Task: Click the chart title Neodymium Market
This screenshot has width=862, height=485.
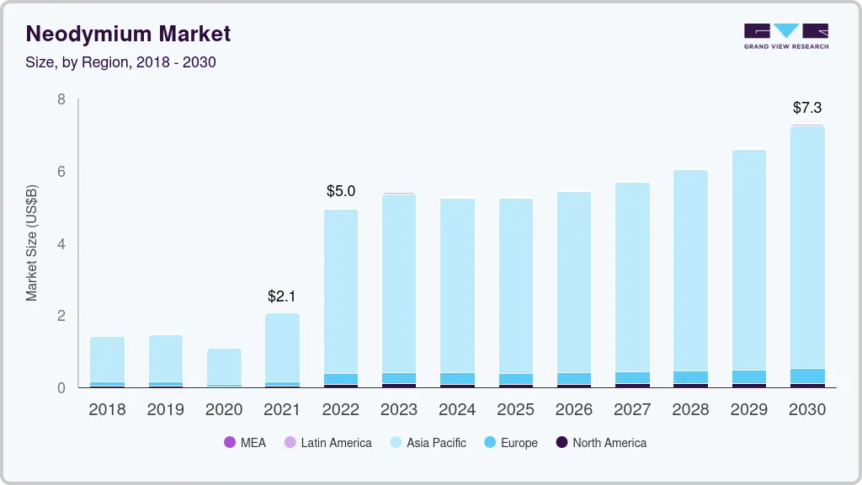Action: tap(128, 34)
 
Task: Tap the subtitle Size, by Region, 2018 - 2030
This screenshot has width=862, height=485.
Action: tap(120, 62)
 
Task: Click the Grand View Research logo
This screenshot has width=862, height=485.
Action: tap(785, 36)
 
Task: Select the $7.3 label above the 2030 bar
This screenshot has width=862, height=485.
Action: tap(806, 108)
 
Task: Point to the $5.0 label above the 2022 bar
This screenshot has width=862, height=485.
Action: tap(340, 191)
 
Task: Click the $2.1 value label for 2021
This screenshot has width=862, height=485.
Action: tap(282, 296)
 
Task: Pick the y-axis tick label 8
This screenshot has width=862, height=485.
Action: tap(61, 99)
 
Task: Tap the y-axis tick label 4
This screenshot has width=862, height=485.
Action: tap(61, 244)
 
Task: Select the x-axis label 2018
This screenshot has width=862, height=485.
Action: tap(107, 410)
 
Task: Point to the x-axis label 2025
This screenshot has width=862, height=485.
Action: tap(515, 410)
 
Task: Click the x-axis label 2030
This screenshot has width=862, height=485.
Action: tap(807, 410)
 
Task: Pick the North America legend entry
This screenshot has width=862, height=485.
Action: tap(600, 443)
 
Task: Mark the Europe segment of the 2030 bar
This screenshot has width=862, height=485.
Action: tap(807, 376)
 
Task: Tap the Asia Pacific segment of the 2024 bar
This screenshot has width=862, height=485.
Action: tap(457, 286)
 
